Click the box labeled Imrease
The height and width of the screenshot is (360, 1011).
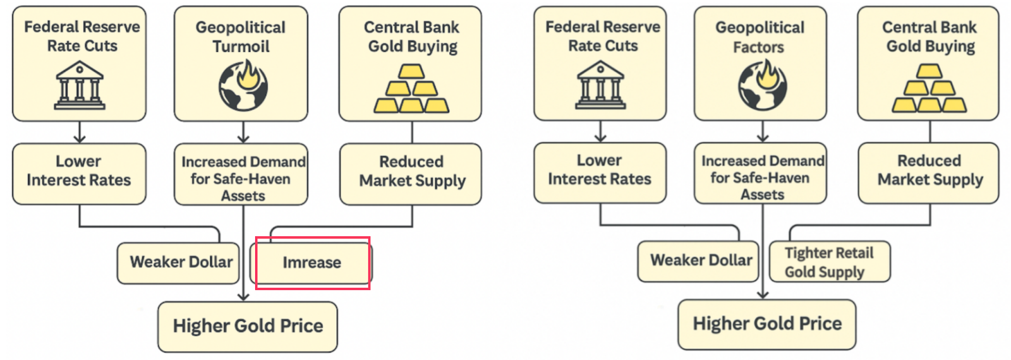pos(312,263)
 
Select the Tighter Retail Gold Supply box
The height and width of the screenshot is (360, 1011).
pos(829,262)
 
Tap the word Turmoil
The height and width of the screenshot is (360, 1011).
pos(241,47)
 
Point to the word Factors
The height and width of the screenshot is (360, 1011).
pos(758,47)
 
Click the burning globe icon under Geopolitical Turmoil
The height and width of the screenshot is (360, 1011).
pos(243,85)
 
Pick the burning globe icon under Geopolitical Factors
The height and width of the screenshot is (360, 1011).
pos(763,85)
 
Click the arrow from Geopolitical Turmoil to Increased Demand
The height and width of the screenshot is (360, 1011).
pos(243,132)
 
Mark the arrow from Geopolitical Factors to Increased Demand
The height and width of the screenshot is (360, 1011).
pos(763,131)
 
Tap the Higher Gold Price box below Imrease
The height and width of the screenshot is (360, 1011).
pos(248,327)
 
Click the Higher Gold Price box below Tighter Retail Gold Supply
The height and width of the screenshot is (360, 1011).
pos(767,324)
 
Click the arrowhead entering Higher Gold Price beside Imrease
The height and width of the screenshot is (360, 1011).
pos(243,297)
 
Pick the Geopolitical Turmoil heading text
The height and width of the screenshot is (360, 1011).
pos(241,37)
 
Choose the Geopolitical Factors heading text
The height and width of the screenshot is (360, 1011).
pos(760,37)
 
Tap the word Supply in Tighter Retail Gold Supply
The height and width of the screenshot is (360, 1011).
pos(843,272)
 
